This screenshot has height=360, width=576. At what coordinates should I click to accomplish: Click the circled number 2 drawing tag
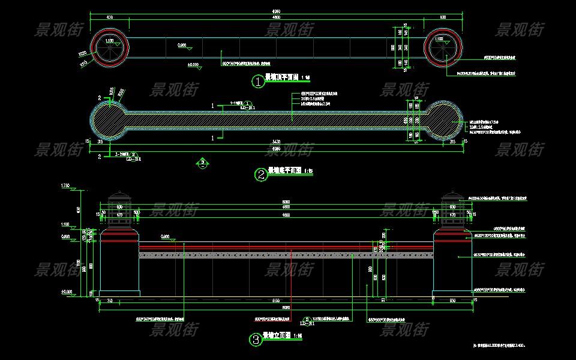[x=261, y=175]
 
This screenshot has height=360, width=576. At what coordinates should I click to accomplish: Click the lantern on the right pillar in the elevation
[x=451, y=210]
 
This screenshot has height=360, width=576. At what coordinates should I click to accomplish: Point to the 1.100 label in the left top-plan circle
[x=110, y=40]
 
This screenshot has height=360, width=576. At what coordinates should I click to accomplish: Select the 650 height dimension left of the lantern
[x=78, y=209]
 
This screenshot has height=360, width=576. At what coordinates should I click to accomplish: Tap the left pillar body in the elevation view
[x=119, y=267]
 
